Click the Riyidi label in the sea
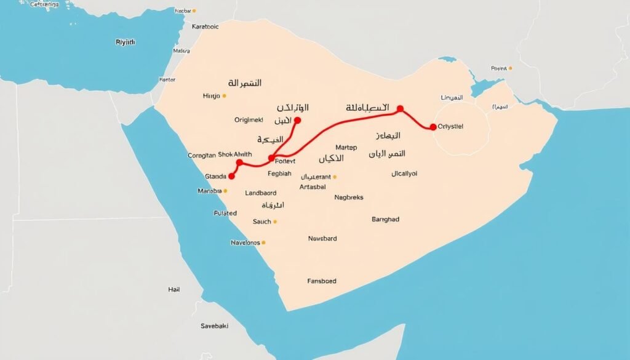pyautogui.click(x=126, y=42)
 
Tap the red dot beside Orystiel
pyautogui.click(x=433, y=127)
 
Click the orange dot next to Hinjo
pyautogui.click(x=225, y=96)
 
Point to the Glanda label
pyautogui.click(x=215, y=177)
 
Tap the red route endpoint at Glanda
pyautogui.click(x=231, y=176)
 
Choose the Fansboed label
pyautogui.click(x=322, y=281)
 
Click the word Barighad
pyautogui.click(x=386, y=219)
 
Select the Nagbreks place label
pyautogui.click(x=349, y=198)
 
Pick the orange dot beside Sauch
pyautogui.click(x=275, y=222)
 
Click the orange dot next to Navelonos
pyautogui.click(x=265, y=242)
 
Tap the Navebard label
pyautogui.click(x=322, y=239)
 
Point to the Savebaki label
pyautogui.click(x=214, y=326)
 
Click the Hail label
pyautogui.click(x=174, y=289)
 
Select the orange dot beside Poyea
pyautogui.click(x=510, y=68)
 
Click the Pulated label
pyautogui.click(x=225, y=213)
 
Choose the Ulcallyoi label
pyautogui.click(x=404, y=174)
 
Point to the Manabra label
pyautogui.click(x=209, y=191)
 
